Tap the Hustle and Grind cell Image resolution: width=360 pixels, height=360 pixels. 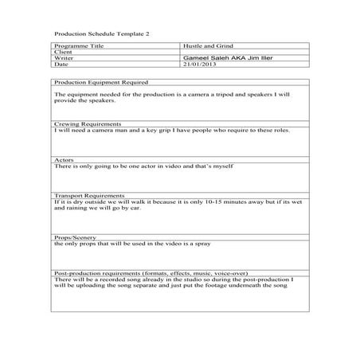tap(204, 48)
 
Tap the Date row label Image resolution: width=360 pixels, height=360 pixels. tap(61, 65)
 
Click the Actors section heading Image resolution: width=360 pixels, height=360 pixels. tap(64, 160)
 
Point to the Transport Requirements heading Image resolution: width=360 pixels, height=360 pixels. tap(90, 195)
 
